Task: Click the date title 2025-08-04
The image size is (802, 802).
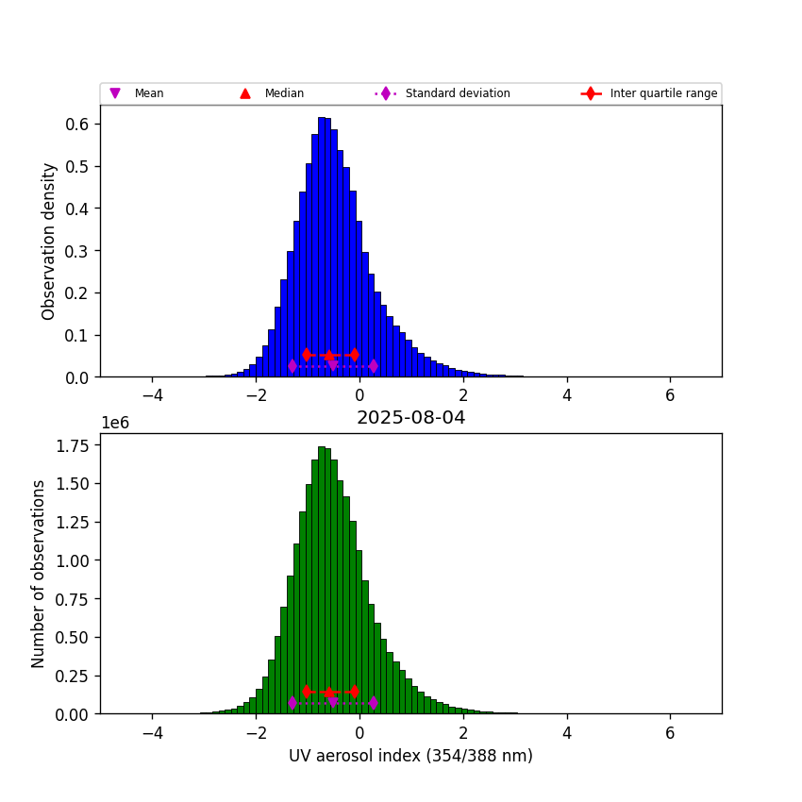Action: [x=410, y=418]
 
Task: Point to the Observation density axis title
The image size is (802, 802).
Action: [x=49, y=241]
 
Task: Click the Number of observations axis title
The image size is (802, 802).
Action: [x=39, y=574]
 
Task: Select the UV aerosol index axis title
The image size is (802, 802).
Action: [x=410, y=756]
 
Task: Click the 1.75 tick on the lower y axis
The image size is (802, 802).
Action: [x=72, y=445]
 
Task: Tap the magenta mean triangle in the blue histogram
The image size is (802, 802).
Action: [x=333, y=365]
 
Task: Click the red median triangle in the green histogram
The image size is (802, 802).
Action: [x=328, y=692]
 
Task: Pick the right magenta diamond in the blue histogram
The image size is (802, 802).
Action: [x=374, y=366]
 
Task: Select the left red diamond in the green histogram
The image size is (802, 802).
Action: [x=307, y=692]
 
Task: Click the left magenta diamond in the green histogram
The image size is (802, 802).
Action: [x=292, y=703]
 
